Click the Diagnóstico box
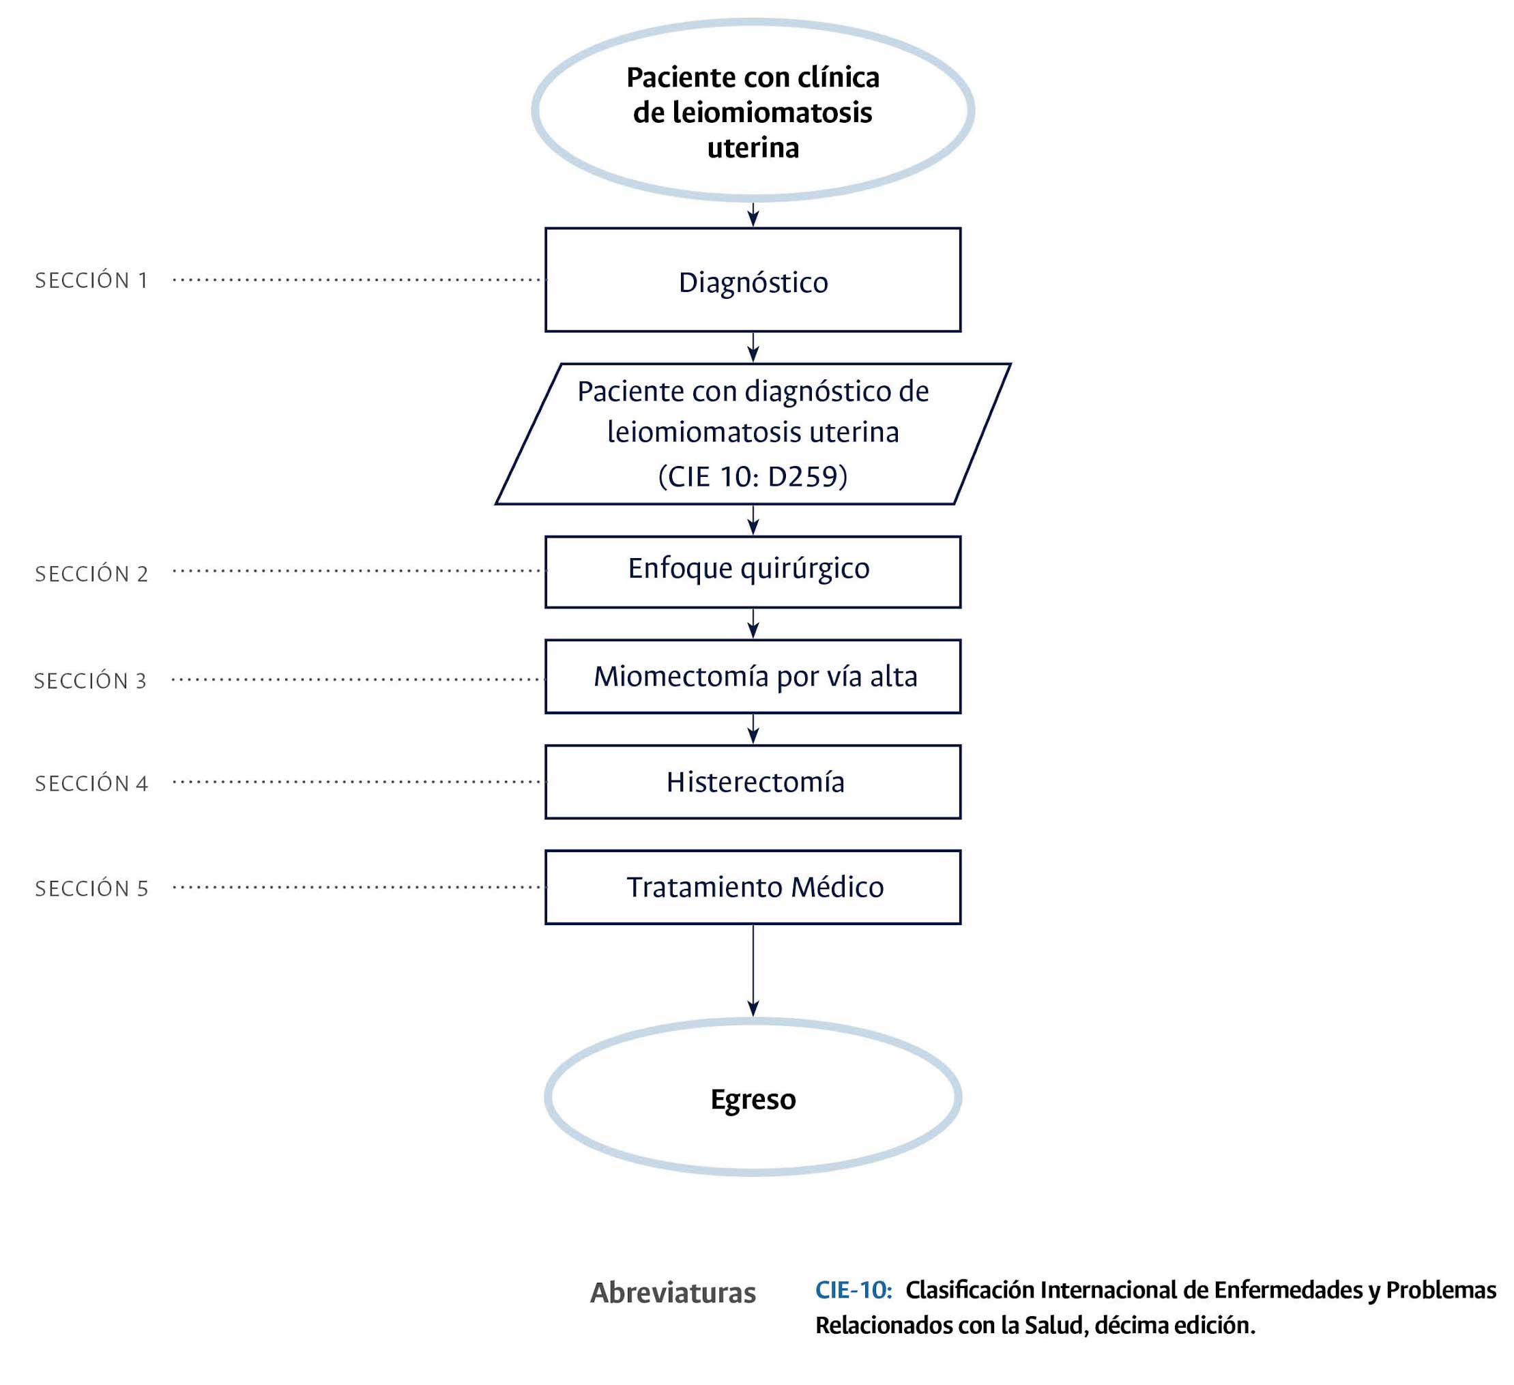753,280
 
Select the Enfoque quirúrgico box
753,572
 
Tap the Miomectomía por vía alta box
753,676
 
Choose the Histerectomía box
753,781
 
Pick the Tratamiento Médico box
753,886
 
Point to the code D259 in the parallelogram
802,476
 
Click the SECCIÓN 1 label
91,280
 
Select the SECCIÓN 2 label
91,574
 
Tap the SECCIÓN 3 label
91,680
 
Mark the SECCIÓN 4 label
91,783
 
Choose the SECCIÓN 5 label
91,888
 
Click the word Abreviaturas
673,1293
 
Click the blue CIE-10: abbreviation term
853,1289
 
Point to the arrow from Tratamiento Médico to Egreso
753,969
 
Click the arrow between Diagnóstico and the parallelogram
753,347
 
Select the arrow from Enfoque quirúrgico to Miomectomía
753,624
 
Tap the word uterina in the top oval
753,148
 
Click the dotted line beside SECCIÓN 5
359,887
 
